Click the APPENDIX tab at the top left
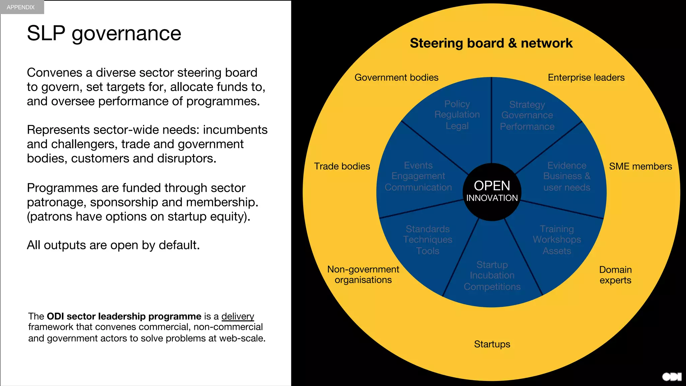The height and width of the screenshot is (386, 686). coord(21,7)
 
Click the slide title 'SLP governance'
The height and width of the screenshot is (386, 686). coord(104,34)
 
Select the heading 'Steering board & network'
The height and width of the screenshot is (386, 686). coord(491,43)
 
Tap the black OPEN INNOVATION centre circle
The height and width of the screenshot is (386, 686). coord(492,192)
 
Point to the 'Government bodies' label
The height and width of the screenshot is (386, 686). coord(396,78)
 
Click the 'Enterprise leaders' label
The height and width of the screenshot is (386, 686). coord(586,78)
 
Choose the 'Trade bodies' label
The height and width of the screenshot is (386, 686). coord(342,167)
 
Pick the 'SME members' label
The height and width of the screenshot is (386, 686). coord(640,167)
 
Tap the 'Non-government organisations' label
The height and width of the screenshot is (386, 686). coord(363,274)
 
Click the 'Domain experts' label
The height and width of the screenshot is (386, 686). coord(615,275)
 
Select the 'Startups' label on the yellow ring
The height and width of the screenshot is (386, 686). coord(492,344)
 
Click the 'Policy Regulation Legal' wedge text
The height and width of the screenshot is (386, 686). coord(457,115)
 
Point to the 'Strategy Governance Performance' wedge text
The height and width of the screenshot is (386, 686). coord(527,116)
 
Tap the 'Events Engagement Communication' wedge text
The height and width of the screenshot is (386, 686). coord(418,176)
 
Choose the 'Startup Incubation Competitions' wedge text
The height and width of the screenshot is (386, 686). coord(492,275)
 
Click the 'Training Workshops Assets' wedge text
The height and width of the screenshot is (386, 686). coord(557,240)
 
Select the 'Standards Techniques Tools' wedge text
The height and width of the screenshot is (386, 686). coord(428,240)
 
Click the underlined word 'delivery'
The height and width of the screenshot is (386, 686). coord(237,316)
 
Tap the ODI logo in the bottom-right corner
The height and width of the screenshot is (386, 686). coord(672,377)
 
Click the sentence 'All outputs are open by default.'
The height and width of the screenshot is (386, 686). coord(113,245)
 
